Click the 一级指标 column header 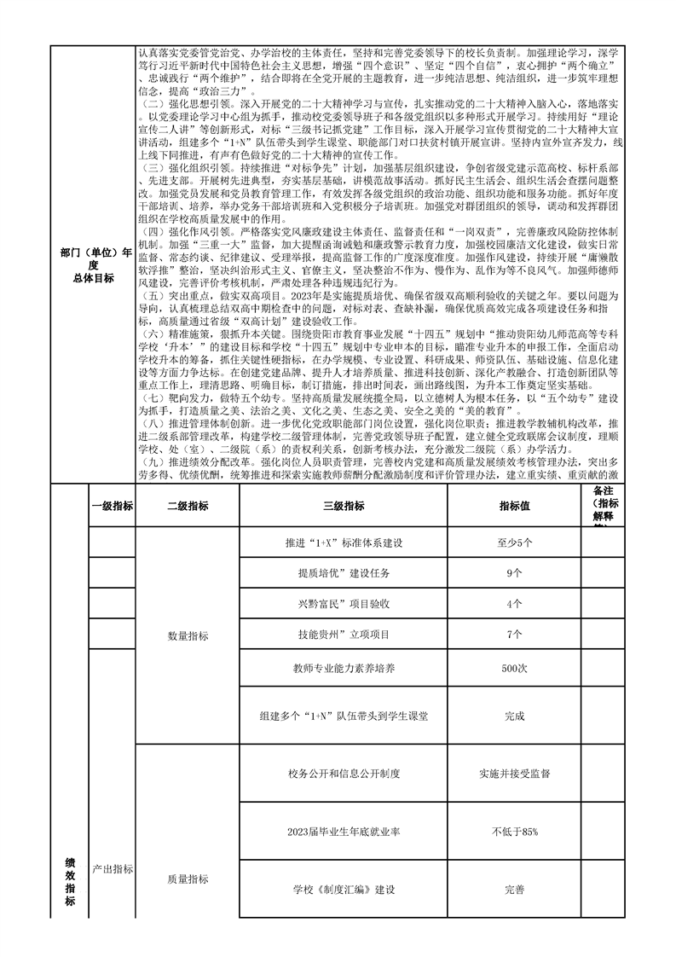click(112, 506)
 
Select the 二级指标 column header click(188, 506)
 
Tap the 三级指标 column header click(344, 506)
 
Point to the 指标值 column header click(514, 506)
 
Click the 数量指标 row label click(188, 636)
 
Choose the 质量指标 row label click(188, 879)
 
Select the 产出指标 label click(112, 869)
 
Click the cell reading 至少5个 click(514, 542)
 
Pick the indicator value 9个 click(514, 573)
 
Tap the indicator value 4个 click(514, 604)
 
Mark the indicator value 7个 click(514, 635)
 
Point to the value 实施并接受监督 click(514, 774)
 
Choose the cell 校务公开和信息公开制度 click(344, 774)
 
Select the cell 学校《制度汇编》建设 click(344, 890)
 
